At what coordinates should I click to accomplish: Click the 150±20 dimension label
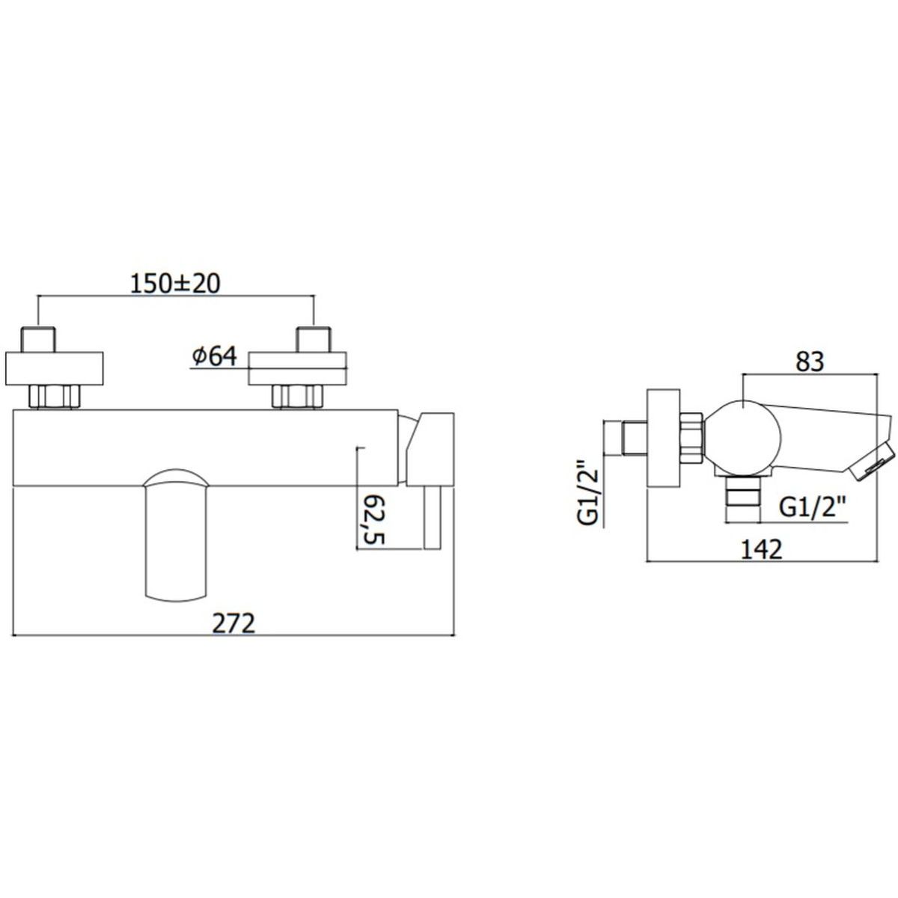pos(175,284)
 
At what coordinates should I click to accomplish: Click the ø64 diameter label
pos(215,356)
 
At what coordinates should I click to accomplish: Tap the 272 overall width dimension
pos(234,623)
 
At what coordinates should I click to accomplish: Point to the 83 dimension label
pos(810,362)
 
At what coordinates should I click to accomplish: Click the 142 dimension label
pos(761,549)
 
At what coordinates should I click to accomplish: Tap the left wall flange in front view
pos(54,369)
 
